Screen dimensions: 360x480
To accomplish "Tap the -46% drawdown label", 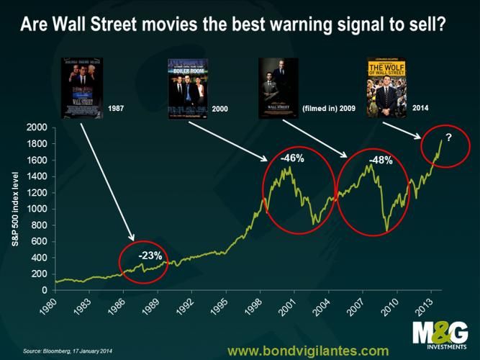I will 291,158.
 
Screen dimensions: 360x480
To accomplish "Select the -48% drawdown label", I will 380,161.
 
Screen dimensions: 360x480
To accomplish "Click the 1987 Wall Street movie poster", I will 81,87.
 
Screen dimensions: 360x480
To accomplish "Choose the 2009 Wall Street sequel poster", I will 277,87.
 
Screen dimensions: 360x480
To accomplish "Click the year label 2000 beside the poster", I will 222,108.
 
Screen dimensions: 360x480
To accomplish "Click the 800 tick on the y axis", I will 40,225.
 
